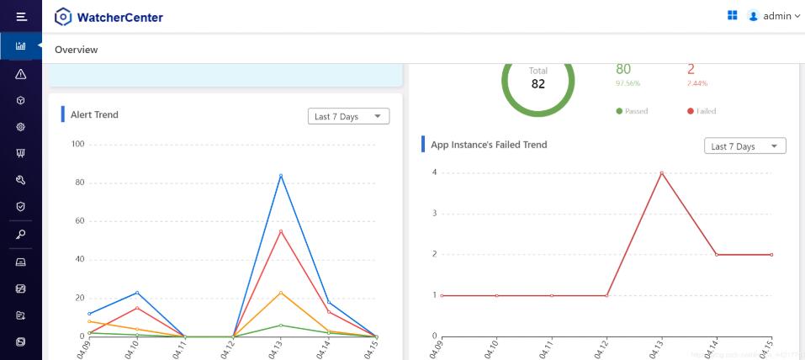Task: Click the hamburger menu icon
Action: pyautogui.click(x=21, y=16)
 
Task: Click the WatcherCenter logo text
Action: pyautogui.click(x=119, y=17)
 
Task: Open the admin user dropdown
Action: pyautogui.click(x=774, y=16)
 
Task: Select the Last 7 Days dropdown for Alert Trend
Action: pyautogui.click(x=348, y=117)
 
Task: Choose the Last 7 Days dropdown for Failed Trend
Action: pyautogui.click(x=744, y=146)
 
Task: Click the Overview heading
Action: pyautogui.click(x=77, y=50)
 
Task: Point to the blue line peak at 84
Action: pyautogui.click(x=281, y=176)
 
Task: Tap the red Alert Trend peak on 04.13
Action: pyautogui.click(x=281, y=231)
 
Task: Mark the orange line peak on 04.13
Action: pyautogui.click(x=281, y=293)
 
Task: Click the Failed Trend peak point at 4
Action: pyautogui.click(x=661, y=173)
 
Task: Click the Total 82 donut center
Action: pyautogui.click(x=538, y=78)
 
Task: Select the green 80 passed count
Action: pyautogui.click(x=623, y=70)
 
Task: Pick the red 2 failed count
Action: pyautogui.click(x=691, y=70)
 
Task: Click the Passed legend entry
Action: pyautogui.click(x=632, y=111)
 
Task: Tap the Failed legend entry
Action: pyautogui.click(x=702, y=111)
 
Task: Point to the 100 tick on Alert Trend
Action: pyautogui.click(x=78, y=144)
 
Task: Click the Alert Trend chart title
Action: pyautogui.click(x=94, y=114)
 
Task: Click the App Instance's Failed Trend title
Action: pyautogui.click(x=489, y=145)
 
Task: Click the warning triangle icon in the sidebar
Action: pyautogui.click(x=21, y=74)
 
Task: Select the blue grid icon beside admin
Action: pyautogui.click(x=733, y=15)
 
